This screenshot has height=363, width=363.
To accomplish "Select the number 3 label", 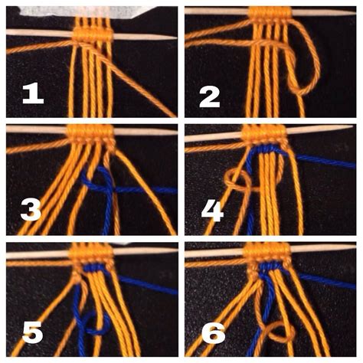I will coord(31,208).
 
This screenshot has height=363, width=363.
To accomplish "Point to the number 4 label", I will coord(211,209).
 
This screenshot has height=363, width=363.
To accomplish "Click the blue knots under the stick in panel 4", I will coord(268,150).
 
